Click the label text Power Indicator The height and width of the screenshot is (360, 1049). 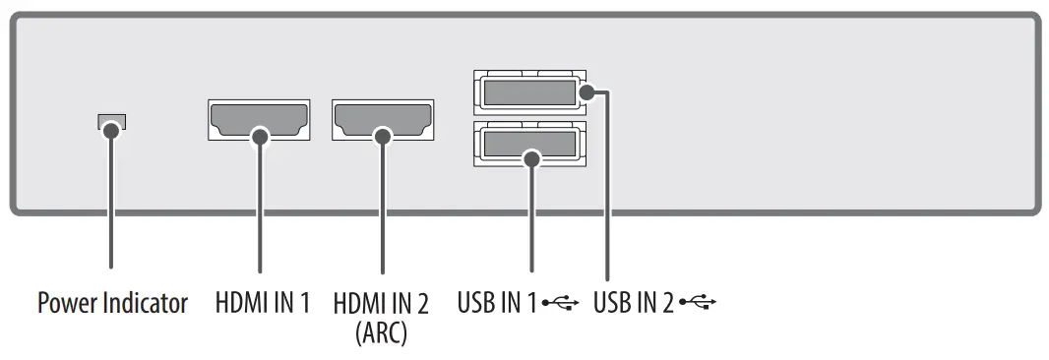click(x=112, y=303)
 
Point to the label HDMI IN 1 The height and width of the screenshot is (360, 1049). click(x=263, y=303)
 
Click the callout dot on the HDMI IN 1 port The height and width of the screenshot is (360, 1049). click(x=260, y=137)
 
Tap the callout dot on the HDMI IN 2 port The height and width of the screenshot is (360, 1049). click(x=383, y=137)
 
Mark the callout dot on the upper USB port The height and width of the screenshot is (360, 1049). click(x=587, y=93)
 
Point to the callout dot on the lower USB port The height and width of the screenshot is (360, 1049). click(x=532, y=157)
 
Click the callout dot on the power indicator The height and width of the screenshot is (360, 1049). click(x=112, y=128)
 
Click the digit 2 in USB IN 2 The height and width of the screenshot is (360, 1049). click(x=668, y=303)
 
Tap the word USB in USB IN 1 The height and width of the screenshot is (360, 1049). click(x=476, y=303)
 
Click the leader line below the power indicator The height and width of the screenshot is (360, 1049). click(x=112, y=207)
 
